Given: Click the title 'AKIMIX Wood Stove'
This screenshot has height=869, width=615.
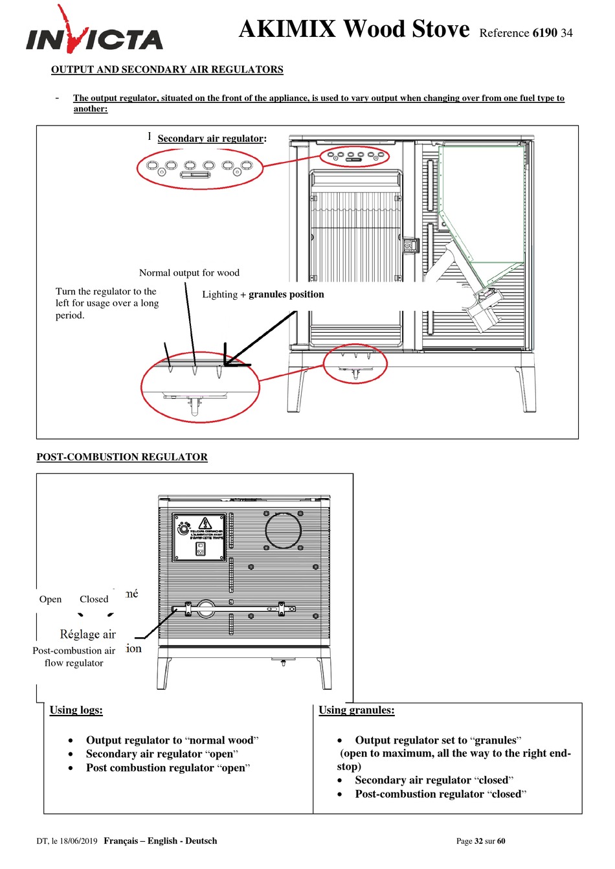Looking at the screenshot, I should [x=354, y=29].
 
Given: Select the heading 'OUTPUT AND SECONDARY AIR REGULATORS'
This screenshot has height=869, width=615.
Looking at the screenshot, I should [x=167, y=69].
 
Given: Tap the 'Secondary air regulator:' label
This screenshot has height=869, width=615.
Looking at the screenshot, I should [x=212, y=139].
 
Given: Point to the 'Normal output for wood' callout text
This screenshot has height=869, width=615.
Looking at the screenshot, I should [x=189, y=273].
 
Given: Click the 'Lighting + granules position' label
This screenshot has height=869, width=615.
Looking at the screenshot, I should [x=263, y=295].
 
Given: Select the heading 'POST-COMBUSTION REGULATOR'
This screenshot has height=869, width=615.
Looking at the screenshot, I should [x=122, y=457].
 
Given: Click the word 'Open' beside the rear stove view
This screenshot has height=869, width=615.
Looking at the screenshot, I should [x=50, y=599].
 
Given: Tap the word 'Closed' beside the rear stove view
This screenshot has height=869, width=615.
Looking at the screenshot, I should [x=94, y=599].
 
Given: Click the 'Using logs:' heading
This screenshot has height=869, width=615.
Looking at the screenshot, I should [x=76, y=710].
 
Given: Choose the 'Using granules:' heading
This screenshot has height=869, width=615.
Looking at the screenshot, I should [x=356, y=710].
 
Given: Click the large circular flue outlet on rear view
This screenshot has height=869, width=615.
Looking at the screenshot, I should [x=283, y=530].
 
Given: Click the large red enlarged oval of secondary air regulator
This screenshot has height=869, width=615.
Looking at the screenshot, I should [x=200, y=168].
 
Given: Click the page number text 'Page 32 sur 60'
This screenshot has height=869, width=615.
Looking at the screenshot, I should [x=480, y=841].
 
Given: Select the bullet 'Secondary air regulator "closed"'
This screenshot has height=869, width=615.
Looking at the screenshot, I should [x=434, y=780].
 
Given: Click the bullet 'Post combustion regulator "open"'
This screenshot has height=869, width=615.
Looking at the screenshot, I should [x=168, y=768].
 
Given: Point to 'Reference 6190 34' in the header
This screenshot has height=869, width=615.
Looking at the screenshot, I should [x=526, y=33].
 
